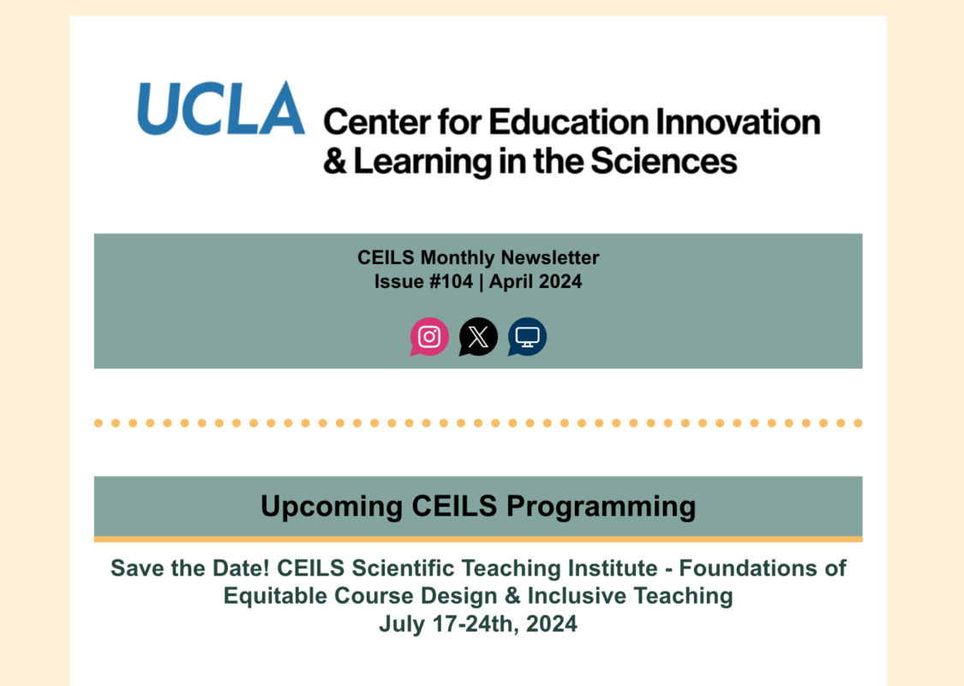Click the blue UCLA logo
[x=221, y=108]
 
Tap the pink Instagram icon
[x=429, y=336]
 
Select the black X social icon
[x=478, y=336]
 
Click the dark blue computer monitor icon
[x=527, y=336]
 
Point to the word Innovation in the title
[x=738, y=122]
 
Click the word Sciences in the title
[x=663, y=161]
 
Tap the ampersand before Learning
[x=335, y=161]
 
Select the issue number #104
[x=452, y=282]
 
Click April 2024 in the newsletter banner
[x=536, y=282]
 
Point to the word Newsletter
[x=550, y=257]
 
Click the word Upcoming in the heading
[x=332, y=507]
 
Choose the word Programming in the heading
[x=602, y=507]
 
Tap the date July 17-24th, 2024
[x=478, y=624]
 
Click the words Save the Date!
[x=190, y=568]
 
